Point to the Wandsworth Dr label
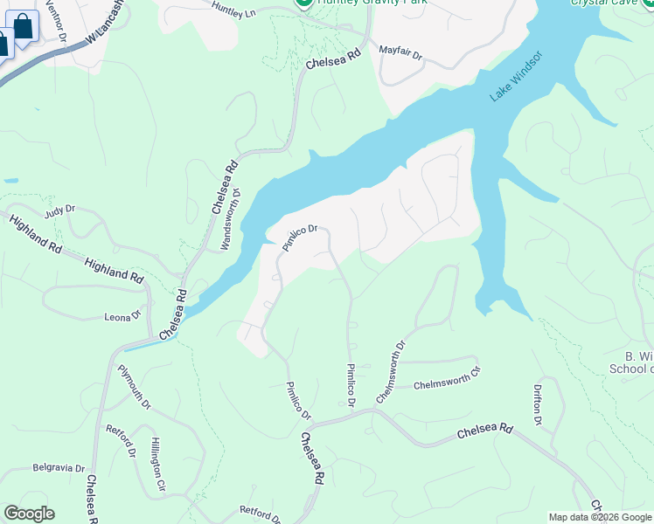229,218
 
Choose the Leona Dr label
122,317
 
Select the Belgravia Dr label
59,468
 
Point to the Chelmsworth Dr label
391,372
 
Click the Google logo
29,514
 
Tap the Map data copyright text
600,517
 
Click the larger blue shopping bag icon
23,26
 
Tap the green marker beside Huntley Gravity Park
303,3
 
